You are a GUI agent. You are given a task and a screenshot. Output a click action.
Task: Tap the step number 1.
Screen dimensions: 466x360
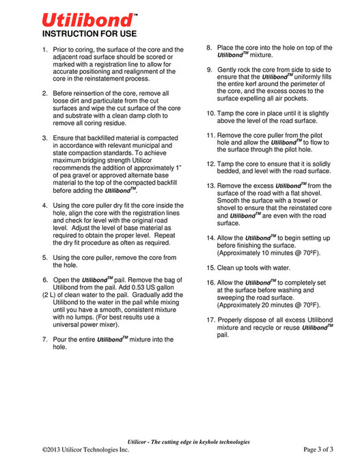[45, 50]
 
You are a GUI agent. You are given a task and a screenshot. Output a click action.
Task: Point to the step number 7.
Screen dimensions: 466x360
[45, 339]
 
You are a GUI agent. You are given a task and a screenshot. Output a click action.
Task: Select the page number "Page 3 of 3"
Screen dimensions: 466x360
[318, 450]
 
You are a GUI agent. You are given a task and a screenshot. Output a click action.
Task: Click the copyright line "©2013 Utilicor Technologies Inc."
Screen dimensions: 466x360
[85, 450]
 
